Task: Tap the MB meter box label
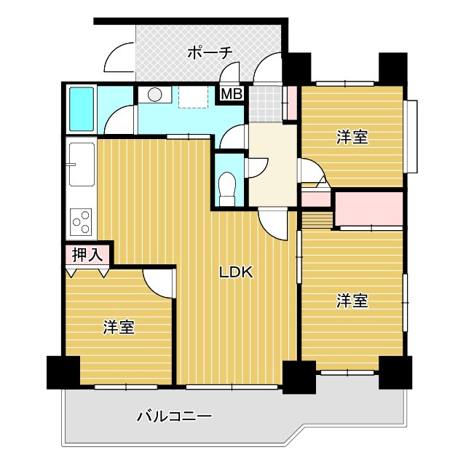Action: pos(232,95)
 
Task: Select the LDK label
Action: pos(236,273)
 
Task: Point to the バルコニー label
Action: pos(174,417)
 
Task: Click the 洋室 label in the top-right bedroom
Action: pos(352,137)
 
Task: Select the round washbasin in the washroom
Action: pos(154,95)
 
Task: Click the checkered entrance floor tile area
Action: pos(264,103)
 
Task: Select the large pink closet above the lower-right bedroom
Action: pos(368,208)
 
